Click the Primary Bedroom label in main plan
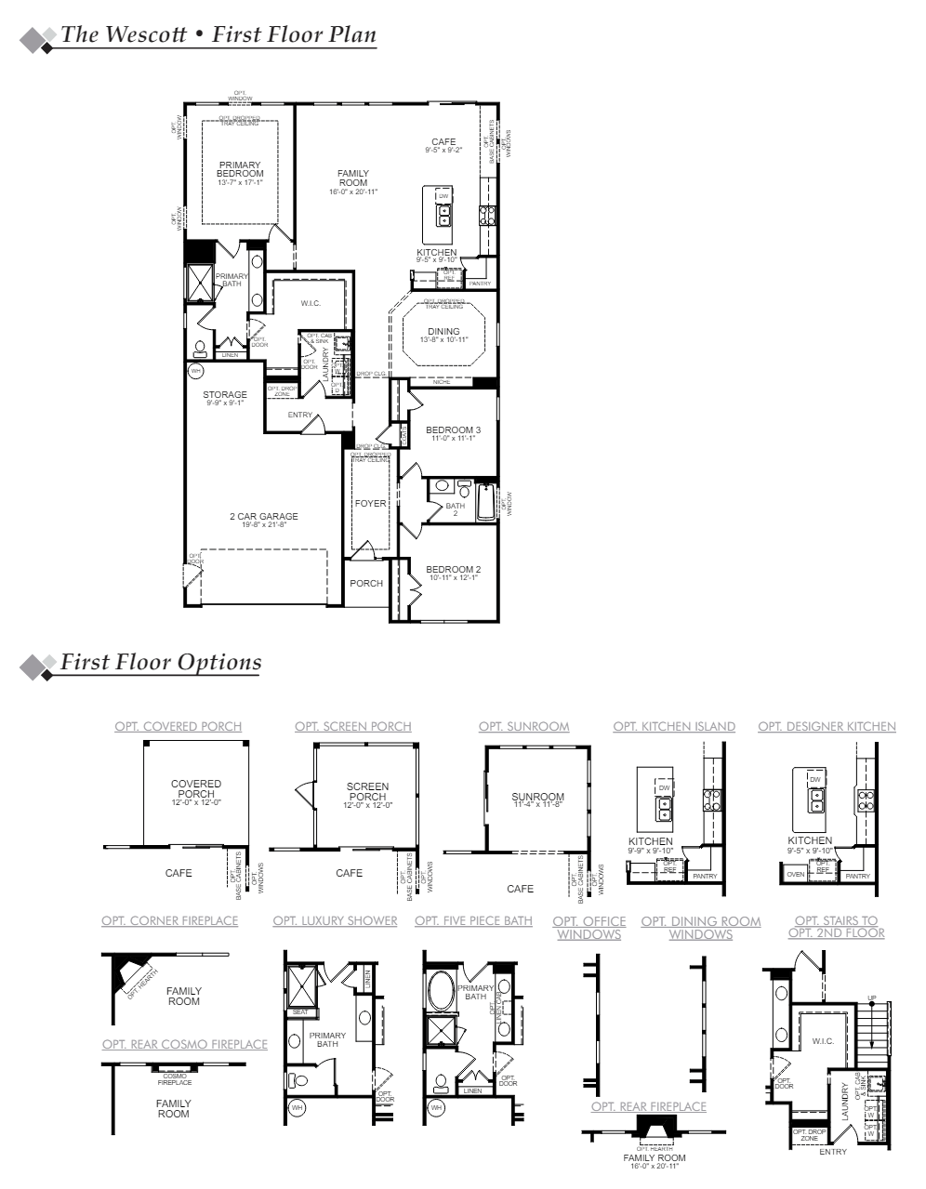click(x=240, y=169)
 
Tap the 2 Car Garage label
click(x=264, y=517)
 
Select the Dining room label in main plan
click(x=443, y=332)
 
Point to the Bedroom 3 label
click(x=453, y=429)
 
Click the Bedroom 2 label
click(x=453, y=569)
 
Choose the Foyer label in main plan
click(x=370, y=504)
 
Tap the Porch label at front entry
click(x=366, y=584)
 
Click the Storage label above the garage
click(x=225, y=395)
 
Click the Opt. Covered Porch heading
click(x=178, y=726)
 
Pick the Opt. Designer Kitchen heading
click(x=827, y=726)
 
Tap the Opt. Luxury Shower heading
click(x=335, y=920)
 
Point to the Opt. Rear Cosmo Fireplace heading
click(x=184, y=1044)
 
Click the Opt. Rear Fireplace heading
click(x=648, y=1106)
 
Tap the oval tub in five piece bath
click(x=441, y=990)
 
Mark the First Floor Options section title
click(x=160, y=662)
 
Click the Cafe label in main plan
click(x=443, y=142)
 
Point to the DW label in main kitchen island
click(x=443, y=196)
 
